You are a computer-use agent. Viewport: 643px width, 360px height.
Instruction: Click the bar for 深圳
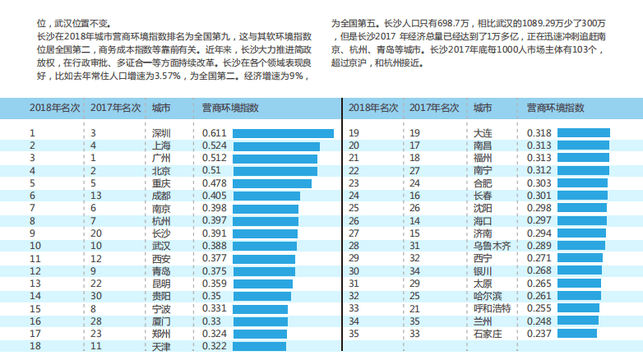point(283,133)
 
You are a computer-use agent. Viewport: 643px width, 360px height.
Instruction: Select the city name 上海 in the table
point(161,145)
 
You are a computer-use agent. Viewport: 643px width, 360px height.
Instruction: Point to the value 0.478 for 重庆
point(214,183)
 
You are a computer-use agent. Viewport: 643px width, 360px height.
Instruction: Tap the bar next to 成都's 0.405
point(266,196)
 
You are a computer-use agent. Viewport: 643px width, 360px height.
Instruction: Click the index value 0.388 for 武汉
point(214,246)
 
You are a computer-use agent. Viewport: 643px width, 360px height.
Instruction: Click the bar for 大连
point(584,133)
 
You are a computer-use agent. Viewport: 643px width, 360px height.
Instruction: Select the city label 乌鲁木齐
point(492,246)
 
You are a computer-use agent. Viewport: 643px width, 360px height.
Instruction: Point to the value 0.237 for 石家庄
point(538,334)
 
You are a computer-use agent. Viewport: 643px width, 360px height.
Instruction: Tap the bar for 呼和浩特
point(579,308)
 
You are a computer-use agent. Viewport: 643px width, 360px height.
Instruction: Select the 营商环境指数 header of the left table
point(230,108)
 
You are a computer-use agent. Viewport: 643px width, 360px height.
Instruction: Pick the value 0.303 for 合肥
point(538,183)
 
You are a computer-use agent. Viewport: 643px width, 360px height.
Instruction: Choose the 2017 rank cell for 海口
point(415,221)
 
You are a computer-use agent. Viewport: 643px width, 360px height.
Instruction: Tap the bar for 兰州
point(578,321)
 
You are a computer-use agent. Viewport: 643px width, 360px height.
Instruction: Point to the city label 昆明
point(161,284)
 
